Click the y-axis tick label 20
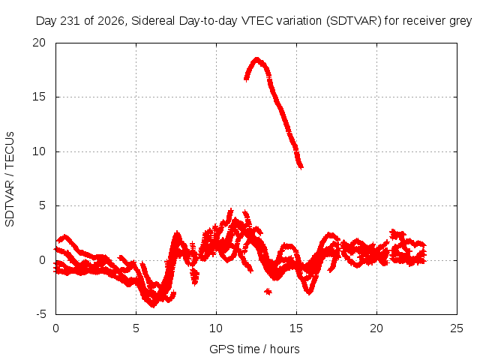39,43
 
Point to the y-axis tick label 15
39,97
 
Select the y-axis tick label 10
39,151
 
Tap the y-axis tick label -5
41,315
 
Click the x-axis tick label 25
457,328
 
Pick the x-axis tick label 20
376,328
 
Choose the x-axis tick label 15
296,328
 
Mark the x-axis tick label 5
136,328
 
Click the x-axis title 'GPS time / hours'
254,349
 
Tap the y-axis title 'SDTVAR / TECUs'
10,179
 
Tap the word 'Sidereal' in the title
153,21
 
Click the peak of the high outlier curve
256,58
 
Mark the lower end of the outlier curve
301,167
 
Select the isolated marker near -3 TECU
268,292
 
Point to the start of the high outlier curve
246,79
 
